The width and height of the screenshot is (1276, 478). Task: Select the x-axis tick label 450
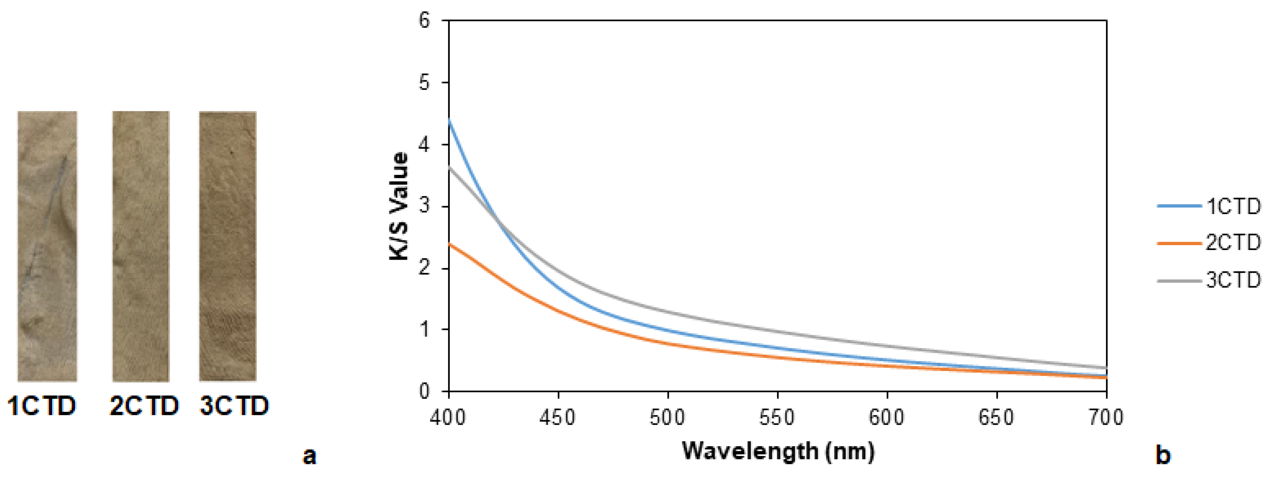558,417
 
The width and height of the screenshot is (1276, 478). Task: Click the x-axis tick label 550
777,417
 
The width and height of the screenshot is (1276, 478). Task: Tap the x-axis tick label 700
1106,417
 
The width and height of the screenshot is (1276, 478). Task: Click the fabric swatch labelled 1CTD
48,246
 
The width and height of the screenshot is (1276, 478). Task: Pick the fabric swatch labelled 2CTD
141,246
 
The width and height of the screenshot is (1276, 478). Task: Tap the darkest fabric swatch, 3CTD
228,246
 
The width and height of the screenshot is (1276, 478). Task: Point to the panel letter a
310,455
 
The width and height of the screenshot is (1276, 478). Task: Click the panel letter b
1162,455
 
